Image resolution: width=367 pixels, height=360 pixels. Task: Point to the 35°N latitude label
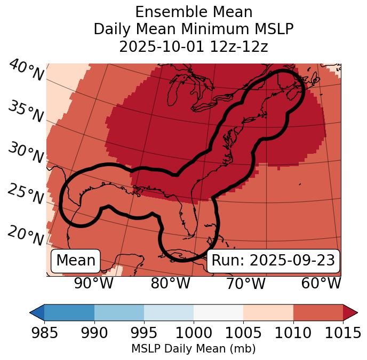click(x=26, y=112)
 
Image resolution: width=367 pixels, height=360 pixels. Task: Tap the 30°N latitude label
click(x=26, y=153)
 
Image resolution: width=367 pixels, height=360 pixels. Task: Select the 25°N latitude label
click(x=26, y=194)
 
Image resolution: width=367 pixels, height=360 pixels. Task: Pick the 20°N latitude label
click(x=26, y=236)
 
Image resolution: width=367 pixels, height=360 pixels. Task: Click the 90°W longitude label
click(x=93, y=283)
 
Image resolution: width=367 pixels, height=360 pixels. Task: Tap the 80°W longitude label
click(x=170, y=283)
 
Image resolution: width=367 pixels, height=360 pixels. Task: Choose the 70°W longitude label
click(x=245, y=283)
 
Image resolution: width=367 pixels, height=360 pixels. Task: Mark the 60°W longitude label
click(x=321, y=283)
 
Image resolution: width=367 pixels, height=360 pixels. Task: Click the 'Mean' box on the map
click(x=76, y=261)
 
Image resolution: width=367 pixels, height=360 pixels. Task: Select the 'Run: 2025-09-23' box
click(x=273, y=261)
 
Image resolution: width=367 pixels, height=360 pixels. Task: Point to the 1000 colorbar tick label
click(x=194, y=333)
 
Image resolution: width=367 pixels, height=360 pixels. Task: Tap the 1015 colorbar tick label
click(x=342, y=333)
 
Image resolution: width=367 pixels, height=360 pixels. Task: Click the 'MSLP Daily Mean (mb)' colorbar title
click(x=193, y=349)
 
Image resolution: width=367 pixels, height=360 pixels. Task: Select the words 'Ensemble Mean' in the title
click(x=194, y=12)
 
